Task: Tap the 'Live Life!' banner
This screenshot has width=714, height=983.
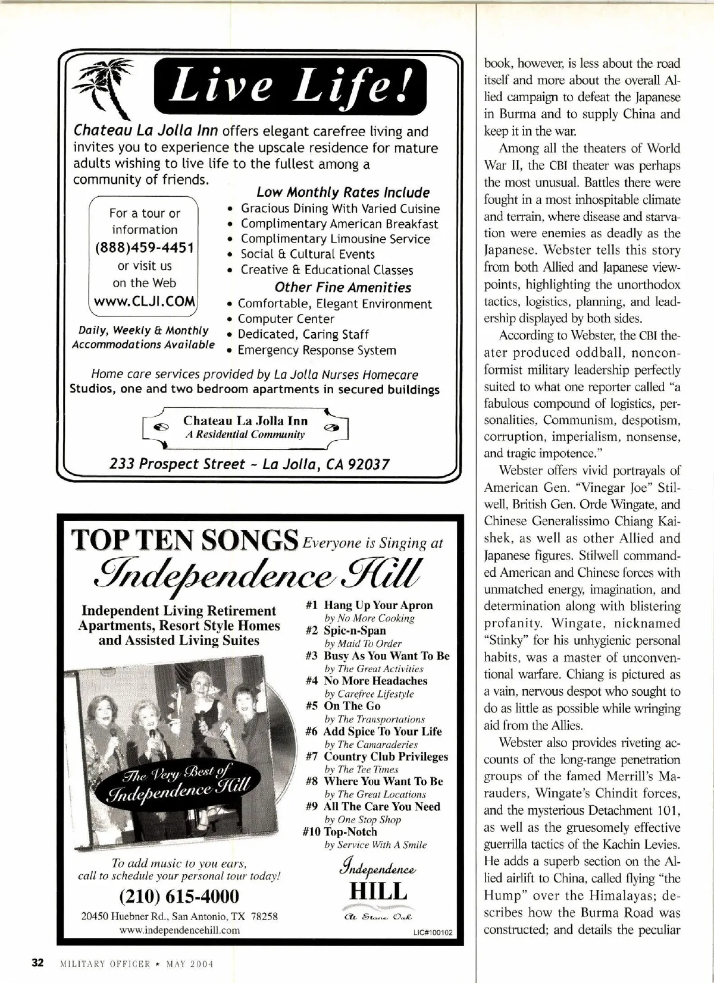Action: tap(290, 88)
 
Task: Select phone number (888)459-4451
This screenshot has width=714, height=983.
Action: tap(145, 247)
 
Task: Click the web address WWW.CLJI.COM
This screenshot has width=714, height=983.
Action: tap(144, 301)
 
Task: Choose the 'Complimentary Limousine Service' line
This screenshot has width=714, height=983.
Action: tap(335, 239)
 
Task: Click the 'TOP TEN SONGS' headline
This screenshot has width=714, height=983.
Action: tap(184, 541)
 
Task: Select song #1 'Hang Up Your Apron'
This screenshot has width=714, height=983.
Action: tap(378, 605)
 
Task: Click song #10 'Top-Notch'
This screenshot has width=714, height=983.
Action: tap(350, 831)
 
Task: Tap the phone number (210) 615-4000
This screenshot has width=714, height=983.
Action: tap(179, 896)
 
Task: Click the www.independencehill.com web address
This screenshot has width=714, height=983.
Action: tap(180, 930)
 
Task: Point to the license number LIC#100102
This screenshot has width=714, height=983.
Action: tap(433, 933)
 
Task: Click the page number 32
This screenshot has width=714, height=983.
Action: tap(38, 963)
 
